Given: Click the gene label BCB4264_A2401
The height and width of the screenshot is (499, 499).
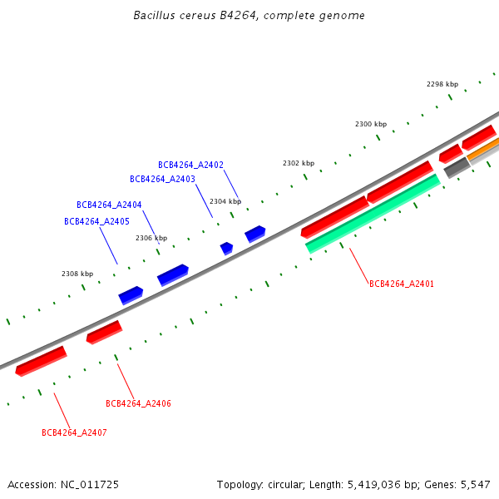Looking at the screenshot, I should click(402, 284).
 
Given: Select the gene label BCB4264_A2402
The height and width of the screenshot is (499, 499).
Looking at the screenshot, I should click(190, 165).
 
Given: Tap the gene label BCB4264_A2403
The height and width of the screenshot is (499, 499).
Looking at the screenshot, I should click(162, 179).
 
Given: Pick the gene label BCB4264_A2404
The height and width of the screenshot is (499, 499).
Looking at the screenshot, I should click(109, 205).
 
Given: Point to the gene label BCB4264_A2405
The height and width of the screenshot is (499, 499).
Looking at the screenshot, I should click(96, 221).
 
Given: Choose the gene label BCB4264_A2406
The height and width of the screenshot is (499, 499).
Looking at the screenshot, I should click(138, 403).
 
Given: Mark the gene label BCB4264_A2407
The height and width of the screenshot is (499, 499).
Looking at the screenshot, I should click(74, 432).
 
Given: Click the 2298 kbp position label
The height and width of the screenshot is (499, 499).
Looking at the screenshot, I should click(442, 84).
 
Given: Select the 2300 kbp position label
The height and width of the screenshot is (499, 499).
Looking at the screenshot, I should click(371, 124).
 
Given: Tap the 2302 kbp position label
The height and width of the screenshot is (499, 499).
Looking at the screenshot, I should click(299, 163).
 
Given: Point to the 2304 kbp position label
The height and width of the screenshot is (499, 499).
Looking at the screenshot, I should click(225, 201).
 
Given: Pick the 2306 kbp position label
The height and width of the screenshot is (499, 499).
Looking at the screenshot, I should click(151, 238).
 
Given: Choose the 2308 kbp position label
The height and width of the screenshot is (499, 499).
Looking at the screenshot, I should click(77, 274).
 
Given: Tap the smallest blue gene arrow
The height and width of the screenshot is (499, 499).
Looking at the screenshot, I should click(226, 248).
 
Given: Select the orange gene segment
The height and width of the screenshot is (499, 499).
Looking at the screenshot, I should click(482, 150).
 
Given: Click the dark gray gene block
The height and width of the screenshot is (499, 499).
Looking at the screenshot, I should click(457, 168).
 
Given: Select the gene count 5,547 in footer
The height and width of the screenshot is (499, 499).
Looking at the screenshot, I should click(475, 484).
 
